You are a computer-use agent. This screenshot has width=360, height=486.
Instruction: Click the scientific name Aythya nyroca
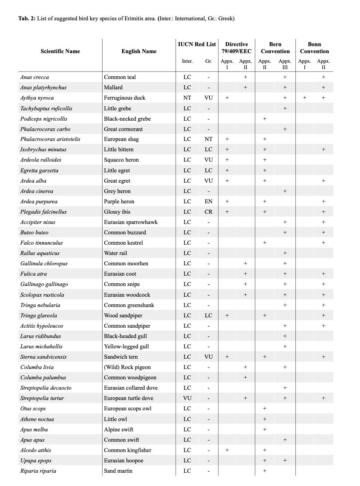[37, 98]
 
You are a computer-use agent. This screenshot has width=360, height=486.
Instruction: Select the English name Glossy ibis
[117, 212]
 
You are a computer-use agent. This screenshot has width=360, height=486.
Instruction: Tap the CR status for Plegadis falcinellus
[208, 212]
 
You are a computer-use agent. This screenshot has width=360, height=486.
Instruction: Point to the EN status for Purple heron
[208, 201]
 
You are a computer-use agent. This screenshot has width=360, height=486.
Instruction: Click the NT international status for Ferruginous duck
[187, 98]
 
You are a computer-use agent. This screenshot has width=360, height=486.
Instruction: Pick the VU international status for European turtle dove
[187, 398]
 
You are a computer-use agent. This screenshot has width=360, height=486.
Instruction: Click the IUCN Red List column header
[197, 44]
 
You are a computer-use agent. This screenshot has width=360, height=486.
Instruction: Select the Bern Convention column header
[275, 48]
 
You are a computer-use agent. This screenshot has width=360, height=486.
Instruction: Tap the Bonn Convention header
[314, 48]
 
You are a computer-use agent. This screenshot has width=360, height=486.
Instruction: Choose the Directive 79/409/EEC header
[236, 48]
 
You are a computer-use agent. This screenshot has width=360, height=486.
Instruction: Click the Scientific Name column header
[60, 51]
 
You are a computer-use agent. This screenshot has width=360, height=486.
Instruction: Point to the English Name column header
[139, 51]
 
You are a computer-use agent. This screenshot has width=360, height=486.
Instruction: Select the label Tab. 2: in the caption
[27, 18]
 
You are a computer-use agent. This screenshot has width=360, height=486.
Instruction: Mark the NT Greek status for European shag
[208, 139]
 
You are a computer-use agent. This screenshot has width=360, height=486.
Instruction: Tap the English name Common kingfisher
[128, 450]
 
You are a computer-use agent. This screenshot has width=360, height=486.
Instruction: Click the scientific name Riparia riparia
[38, 471]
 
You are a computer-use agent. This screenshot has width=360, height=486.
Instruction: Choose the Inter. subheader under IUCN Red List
[187, 61]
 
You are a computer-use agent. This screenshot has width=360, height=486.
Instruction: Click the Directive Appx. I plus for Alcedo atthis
[227, 450]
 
